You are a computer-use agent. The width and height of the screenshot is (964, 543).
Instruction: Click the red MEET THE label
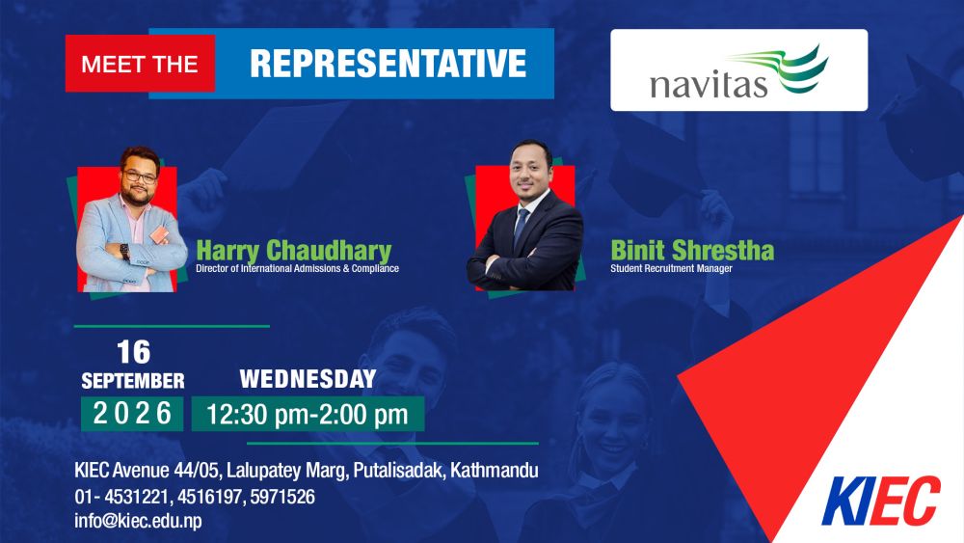140,64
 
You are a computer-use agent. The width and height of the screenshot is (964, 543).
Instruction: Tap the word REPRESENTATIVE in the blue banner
388,64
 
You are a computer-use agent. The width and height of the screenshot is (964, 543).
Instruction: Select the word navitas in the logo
709,85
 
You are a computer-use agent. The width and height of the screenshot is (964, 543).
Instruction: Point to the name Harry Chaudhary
294,251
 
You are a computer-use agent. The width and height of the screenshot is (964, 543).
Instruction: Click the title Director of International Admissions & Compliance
298,269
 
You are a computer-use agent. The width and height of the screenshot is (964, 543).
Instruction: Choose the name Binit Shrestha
692,251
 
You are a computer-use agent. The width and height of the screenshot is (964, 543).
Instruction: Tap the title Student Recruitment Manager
671,269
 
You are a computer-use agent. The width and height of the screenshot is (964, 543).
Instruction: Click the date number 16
133,352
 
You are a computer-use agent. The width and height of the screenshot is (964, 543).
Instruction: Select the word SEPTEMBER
133,381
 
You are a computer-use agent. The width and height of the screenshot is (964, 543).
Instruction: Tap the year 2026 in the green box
132,413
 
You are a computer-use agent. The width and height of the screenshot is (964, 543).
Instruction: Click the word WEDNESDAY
308,379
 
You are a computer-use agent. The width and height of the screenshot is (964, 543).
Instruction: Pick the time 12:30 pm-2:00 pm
308,415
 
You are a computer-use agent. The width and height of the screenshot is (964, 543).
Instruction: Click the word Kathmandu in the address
495,471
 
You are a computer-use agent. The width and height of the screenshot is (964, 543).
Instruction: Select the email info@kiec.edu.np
138,520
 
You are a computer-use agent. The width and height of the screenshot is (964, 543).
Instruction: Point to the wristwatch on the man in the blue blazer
124,252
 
